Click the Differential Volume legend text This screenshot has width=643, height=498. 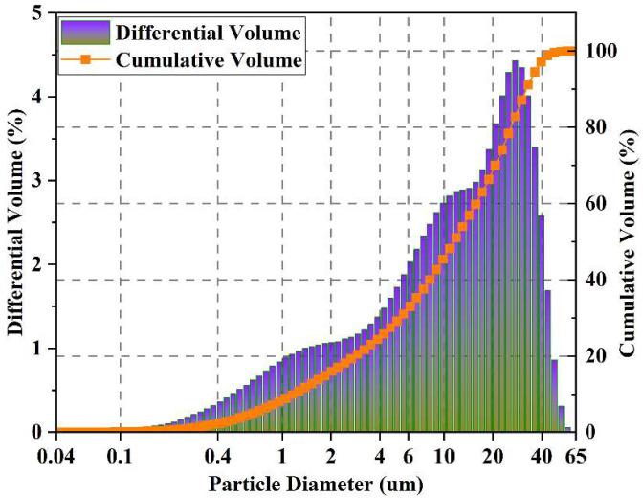point(210,34)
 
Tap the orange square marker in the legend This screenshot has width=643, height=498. point(85,59)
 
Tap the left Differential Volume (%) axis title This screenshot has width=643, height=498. point(15,220)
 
